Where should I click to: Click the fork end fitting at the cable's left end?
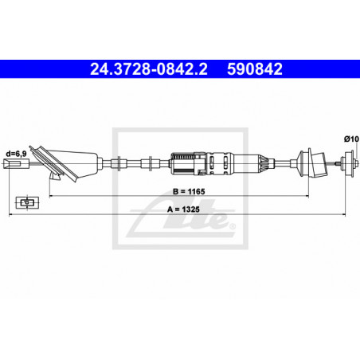coord(12,164)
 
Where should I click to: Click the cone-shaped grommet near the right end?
coord(306,162)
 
